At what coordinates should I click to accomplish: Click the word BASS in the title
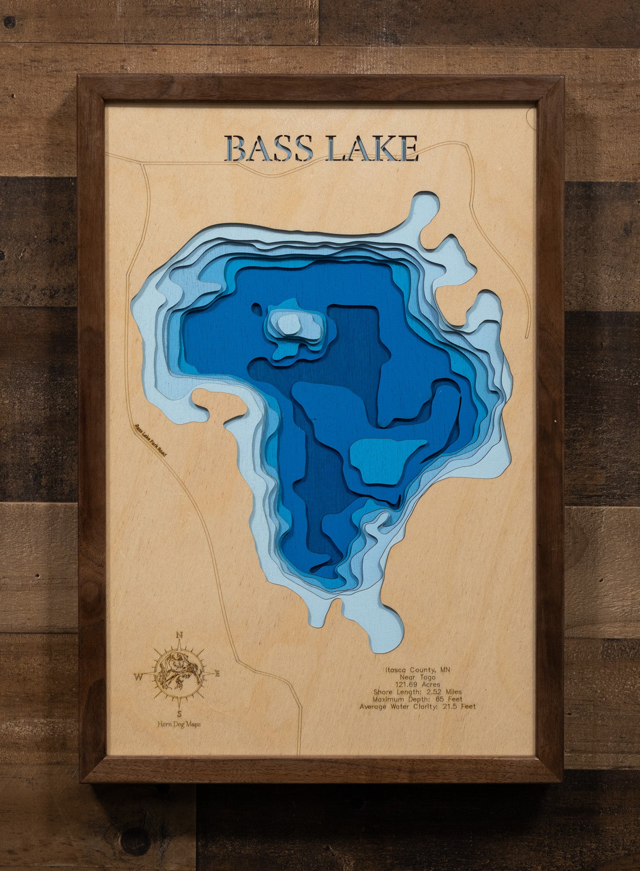pyautogui.click(x=271, y=149)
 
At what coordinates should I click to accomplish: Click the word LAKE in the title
pyautogui.click(x=372, y=149)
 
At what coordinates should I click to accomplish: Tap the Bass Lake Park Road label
pyautogui.click(x=150, y=440)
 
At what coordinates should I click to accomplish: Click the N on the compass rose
pyautogui.click(x=179, y=635)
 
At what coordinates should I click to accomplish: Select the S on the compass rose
pyautogui.click(x=179, y=714)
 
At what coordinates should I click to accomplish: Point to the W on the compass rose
pyautogui.click(x=139, y=676)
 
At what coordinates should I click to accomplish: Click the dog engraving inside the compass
pyautogui.click(x=179, y=675)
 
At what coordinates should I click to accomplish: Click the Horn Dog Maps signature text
pyautogui.click(x=179, y=724)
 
